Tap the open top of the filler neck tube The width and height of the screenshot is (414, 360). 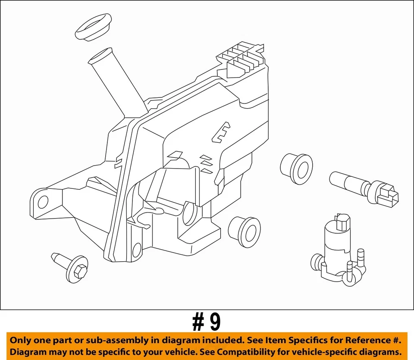tap(100, 56)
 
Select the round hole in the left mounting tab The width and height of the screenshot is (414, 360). tap(43, 202)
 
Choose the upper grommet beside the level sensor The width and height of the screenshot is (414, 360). tap(296, 169)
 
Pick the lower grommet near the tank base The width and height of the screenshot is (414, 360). tap(245, 232)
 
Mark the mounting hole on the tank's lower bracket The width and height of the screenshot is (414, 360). tap(137, 250)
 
